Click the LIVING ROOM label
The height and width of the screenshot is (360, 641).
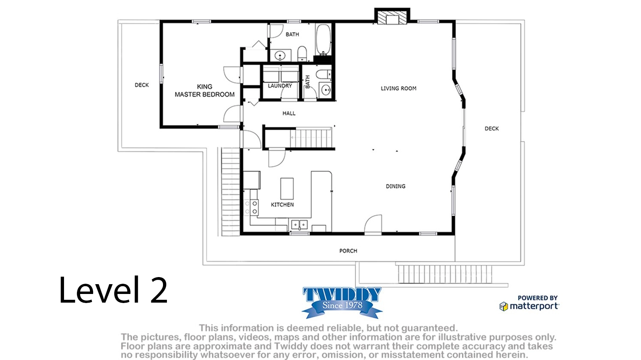coord(398,88)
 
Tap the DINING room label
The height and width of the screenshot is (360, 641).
coord(396,186)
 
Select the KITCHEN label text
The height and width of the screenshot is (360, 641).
coord(282,205)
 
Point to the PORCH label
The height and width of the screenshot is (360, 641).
coord(348,251)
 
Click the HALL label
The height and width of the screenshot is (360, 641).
coord(289,114)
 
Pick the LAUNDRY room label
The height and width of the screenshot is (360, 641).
coord(280,86)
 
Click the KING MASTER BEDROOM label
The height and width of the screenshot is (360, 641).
coord(205,90)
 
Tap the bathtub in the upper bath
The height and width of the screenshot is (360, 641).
coord(323,40)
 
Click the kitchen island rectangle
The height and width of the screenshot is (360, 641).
coord(287,188)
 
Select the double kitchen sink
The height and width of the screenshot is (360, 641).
coord(299,225)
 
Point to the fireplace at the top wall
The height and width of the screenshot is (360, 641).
coord(392,17)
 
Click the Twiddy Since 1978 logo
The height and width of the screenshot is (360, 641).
coord(342,303)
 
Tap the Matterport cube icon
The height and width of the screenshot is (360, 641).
coord(504,307)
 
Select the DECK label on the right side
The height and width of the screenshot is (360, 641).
coord(492,129)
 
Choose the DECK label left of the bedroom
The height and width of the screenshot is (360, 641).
coord(142,85)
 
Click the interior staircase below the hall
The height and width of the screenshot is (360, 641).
coord(311,138)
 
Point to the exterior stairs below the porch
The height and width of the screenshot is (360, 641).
coord(445,274)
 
